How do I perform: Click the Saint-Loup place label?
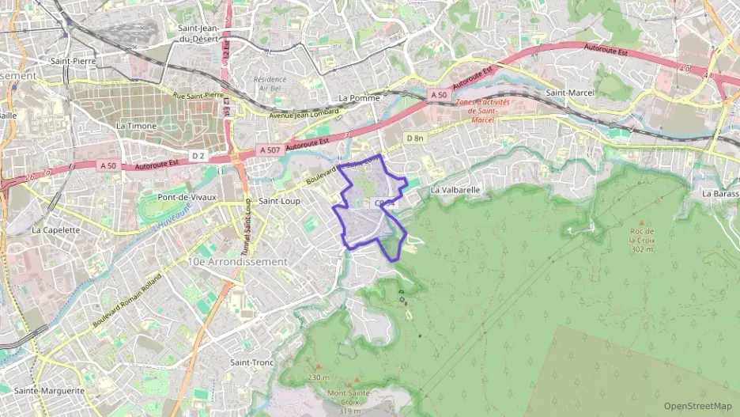click(280, 201)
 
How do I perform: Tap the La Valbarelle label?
click(455, 190)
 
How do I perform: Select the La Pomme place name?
click(359, 98)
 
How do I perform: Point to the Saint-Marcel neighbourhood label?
click(570, 93)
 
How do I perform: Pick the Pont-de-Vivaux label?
click(187, 197)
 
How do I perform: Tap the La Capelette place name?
click(56, 230)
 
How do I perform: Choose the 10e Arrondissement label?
click(237, 261)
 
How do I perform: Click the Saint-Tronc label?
click(251, 362)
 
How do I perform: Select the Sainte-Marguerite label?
click(49, 391)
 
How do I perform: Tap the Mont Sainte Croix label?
click(349, 397)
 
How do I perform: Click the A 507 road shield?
click(269, 150)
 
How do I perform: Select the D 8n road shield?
click(415, 138)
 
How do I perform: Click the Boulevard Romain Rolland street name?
click(127, 301)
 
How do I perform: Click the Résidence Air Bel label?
click(270, 85)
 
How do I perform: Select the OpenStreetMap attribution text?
click(697, 406)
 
